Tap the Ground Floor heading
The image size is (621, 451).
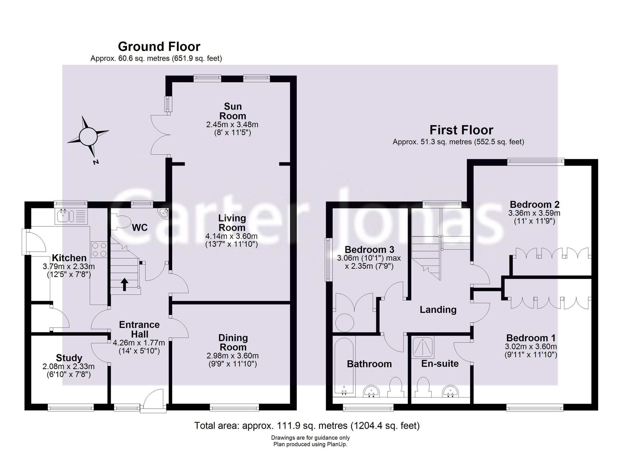tap(159, 47)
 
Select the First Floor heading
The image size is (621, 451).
tap(461, 130)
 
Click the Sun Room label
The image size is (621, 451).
tap(232, 111)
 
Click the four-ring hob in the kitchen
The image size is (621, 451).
tap(99, 250)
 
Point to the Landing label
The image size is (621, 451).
tap(438, 310)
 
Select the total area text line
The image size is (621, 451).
tap(307, 426)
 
